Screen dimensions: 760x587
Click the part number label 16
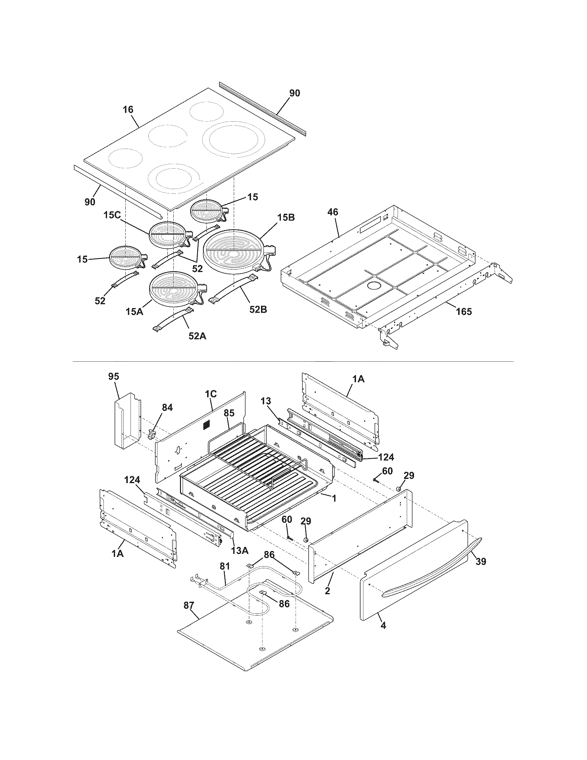(128, 110)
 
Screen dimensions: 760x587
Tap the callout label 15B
(286, 218)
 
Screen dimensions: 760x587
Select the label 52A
(197, 336)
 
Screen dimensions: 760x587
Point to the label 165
(464, 312)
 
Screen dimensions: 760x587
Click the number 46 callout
(333, 212)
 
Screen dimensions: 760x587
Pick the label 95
(114, 377)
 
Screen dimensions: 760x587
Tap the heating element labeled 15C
(168, 236)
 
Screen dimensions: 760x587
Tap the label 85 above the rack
(229, 413)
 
